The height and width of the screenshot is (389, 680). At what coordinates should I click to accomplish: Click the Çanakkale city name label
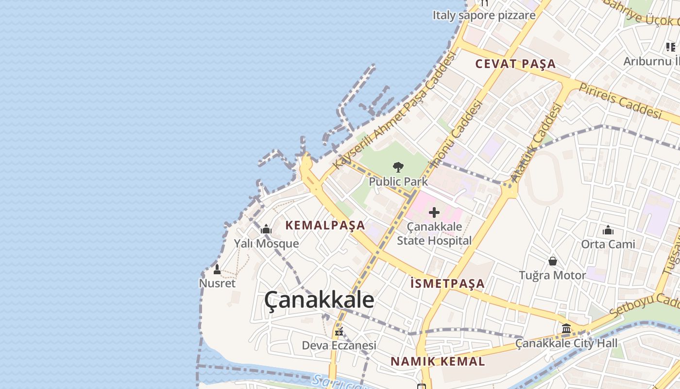point(319,300)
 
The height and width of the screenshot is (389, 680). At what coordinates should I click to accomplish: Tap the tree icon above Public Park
point(398,167)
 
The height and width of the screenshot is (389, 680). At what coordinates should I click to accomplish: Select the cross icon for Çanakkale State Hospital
point(434,212)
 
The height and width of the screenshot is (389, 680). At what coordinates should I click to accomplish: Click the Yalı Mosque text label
point(266,243)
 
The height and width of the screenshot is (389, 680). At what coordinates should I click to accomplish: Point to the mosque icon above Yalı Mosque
point(266,229)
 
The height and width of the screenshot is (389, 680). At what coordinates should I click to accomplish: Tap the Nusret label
point(217,283)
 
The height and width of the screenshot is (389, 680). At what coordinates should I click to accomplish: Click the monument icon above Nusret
point(217,269)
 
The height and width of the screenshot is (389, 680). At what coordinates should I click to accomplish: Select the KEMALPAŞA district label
point(325,225)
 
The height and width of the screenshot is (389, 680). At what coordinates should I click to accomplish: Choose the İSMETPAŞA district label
point(447,283)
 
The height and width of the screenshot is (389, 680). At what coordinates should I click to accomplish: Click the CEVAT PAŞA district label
point(515,64)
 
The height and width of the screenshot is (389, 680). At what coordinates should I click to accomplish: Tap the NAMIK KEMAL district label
point(438,361)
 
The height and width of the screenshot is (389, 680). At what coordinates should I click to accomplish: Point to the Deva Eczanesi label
point(339,345)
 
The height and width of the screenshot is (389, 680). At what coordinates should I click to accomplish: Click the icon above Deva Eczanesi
point(339,332)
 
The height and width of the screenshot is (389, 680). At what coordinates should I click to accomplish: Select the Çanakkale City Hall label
point(566,343)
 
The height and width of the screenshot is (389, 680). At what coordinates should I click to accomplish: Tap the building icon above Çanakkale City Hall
point(566,329)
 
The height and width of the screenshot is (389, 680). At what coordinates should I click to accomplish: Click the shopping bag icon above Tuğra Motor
point(553,261)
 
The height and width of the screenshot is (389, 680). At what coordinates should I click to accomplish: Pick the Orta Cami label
point(608,244)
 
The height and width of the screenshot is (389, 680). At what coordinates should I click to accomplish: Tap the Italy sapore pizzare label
point(484,15)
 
